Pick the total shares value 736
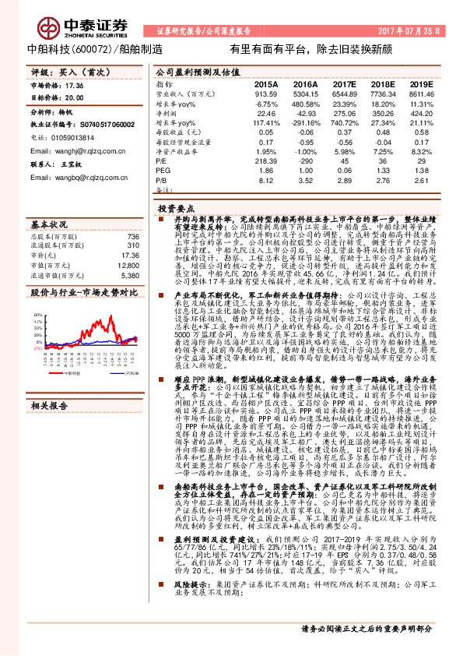tap(132, 236)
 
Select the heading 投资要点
tap(175, 210)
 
